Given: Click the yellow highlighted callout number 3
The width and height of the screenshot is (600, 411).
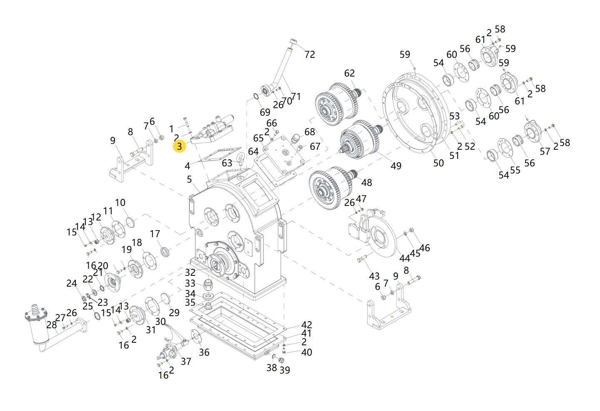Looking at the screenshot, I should tap(179, 146).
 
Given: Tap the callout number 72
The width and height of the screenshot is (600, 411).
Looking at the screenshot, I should tap(309, 54).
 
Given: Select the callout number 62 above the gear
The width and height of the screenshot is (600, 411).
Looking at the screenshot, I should tap(349, 73).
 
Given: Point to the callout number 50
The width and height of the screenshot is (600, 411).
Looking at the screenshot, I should tap(438, 163).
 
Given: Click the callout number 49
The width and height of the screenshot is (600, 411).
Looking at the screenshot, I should tap(396, 166).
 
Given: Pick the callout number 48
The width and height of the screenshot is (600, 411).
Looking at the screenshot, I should tap(366, 182).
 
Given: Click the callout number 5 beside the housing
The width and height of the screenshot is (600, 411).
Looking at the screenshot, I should tap(189, 179).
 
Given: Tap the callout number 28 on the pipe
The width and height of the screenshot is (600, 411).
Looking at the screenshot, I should tap(52, 324).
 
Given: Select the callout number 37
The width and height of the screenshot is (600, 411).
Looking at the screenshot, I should tap(186, 361).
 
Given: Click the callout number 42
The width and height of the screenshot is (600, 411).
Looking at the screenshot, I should tap(306, 324).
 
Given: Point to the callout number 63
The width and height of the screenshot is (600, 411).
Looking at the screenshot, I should tap(227, 163).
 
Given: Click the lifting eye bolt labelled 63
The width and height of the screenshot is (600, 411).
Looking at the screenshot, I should tap(240, 158).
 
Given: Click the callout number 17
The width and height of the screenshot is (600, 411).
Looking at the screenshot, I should tap(155, 234).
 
